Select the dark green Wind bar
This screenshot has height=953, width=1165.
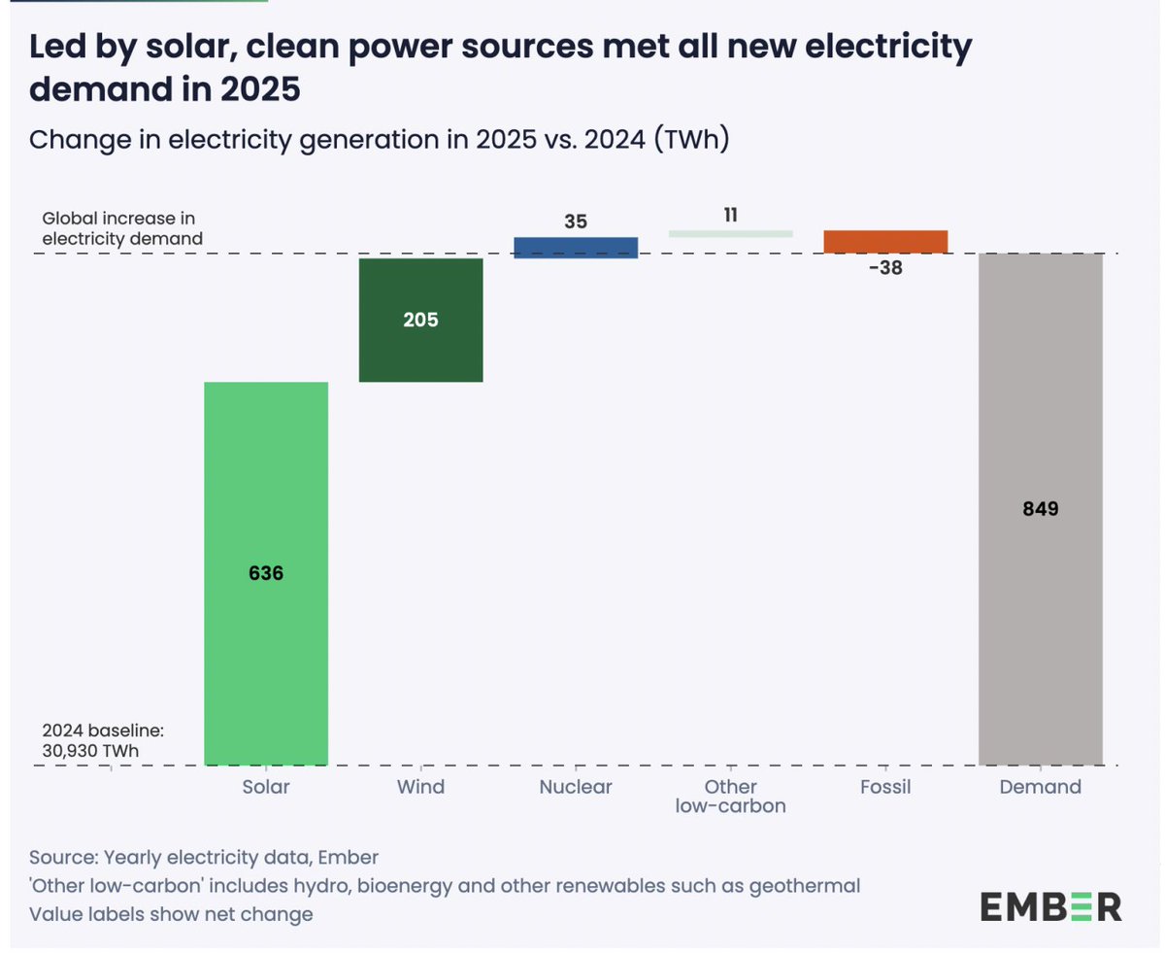coord(420,350)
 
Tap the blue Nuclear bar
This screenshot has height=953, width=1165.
coord(575,248)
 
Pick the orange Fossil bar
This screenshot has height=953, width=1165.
coord(885,242)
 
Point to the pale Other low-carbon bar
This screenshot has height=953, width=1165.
coord(730,233)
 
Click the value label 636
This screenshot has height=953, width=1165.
coord(265,573)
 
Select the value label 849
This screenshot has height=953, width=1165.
coord(1040,508)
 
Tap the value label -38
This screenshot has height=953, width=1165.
coord(884,268)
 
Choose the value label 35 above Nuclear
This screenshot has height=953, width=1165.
coord(575,221)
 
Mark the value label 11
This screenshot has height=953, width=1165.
coord(730,215)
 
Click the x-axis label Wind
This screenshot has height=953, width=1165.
coord(420,787)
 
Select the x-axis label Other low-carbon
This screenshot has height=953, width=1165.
coord(730,796)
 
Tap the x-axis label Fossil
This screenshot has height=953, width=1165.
coord(885,787)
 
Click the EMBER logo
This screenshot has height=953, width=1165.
coord(1049,907)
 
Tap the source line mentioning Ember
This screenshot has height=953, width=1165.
coord(204,858)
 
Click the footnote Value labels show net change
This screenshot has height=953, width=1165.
coord(171,914)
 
